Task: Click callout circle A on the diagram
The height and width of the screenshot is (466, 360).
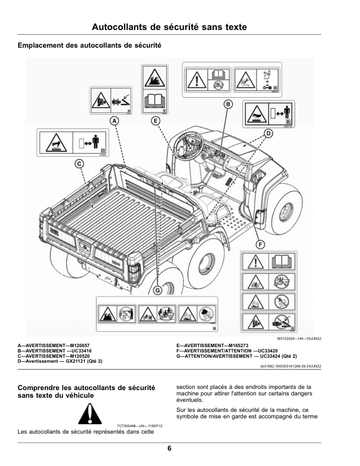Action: click(x=114, y=121)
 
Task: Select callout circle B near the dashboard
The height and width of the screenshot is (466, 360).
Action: click(x=228, y=104)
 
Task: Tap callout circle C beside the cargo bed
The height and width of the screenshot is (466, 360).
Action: click(x=79, y=164)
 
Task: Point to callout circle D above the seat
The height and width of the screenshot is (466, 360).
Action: click(x=268, y=135)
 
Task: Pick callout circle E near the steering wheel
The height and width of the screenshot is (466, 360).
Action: click(x=155, y=121)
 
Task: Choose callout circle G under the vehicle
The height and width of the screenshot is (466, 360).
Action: click(x=157, y=289)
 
